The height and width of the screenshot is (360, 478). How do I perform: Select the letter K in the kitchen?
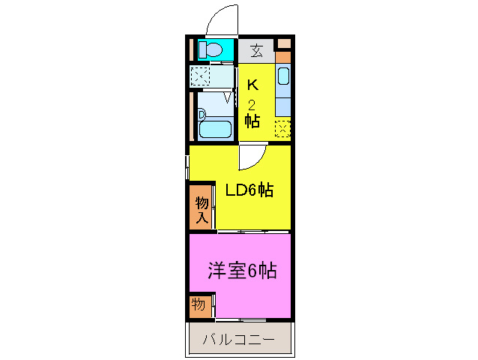pos(252,84)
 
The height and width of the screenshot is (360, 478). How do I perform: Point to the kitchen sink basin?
pos(283,76)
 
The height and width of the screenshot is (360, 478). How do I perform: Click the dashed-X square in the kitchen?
pos(282,129)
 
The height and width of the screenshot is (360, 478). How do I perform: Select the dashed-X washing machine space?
pos(201,76)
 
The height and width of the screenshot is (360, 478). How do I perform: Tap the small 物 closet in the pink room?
pos(199,304)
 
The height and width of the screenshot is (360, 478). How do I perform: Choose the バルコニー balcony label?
pos(239,340)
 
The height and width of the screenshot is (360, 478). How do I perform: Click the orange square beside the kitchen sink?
pos(282,55)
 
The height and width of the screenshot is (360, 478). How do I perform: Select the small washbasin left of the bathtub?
pos(201,115)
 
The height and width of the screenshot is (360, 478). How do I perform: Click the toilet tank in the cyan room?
pos(202,50)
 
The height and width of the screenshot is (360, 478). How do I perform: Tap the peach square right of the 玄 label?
pos(282,43)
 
